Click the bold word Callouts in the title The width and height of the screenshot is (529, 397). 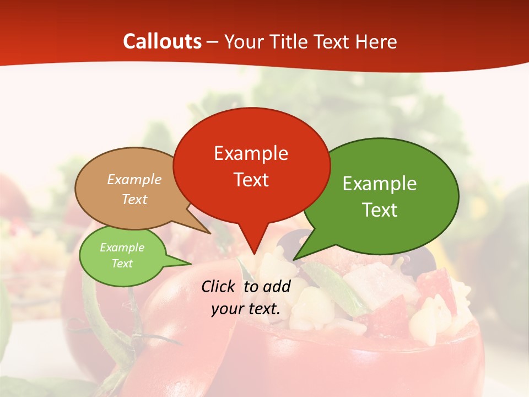tap(162, 41)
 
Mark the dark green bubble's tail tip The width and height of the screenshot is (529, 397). tap(294, 259)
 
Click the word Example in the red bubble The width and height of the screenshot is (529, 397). tap(251, 153)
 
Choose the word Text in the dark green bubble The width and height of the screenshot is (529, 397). tap(380, 210)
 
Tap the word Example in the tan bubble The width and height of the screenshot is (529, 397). tap(134, 180)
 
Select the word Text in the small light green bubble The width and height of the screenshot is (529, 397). tap(122, 264)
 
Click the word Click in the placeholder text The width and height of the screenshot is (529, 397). tap(219, 286)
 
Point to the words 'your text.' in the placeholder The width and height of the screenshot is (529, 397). tap(246, 309)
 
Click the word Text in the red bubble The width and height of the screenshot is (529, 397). tap(251, 180)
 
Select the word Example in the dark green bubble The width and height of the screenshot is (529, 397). tap(380, 184)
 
